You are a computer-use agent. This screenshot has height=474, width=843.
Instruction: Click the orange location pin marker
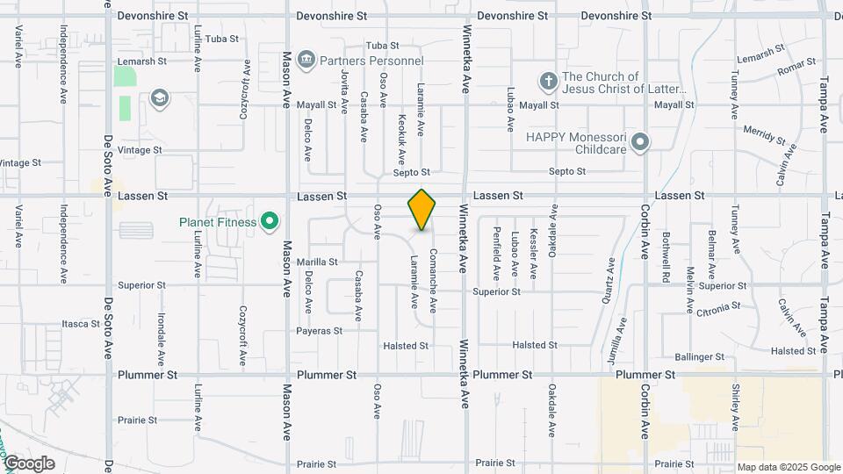(421, 209)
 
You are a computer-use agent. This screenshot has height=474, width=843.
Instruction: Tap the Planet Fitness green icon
(270, 222)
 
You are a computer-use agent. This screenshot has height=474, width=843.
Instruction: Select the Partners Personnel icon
(306, 61)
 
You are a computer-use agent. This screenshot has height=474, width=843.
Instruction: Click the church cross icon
(549, 82)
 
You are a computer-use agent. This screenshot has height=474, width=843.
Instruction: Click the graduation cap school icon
(159, 97)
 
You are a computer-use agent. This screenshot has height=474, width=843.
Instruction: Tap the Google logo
(28, 463)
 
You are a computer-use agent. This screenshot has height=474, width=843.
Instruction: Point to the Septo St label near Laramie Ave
(413, 173)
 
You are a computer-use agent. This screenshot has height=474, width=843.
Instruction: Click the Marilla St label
(317, 262)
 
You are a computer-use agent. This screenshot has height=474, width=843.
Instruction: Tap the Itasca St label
(81, 324)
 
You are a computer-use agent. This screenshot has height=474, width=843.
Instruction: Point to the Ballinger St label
(700, 357)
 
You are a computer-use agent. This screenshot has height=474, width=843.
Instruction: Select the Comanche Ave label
(433, 280)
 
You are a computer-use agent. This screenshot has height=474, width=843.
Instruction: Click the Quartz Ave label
(607, 285)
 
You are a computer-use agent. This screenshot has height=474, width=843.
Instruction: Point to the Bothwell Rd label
(666, 251)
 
